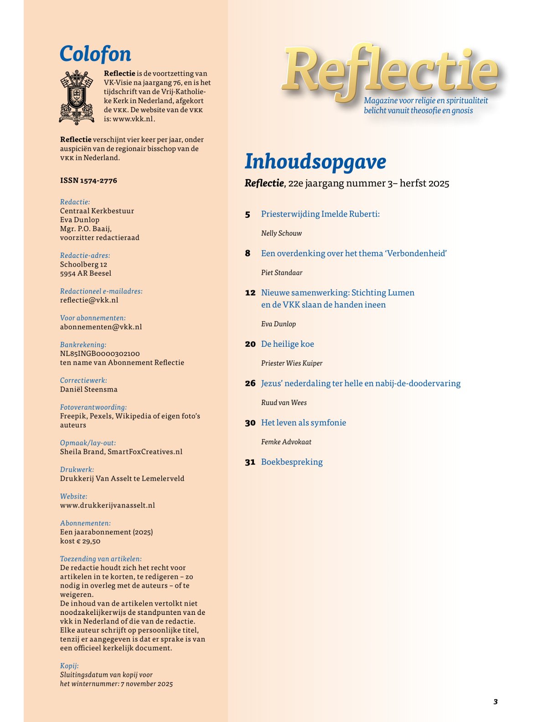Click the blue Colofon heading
tap(95, 54)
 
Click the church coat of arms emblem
tap(77, 97)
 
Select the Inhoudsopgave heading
tap(315, 161)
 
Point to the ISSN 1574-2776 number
tap(88, 180)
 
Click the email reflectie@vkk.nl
tap(89, 300)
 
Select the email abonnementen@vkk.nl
tap(101, 327)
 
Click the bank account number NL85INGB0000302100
tap(100, 354)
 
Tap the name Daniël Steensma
tap(89, 389)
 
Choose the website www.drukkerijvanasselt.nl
tap(108, 505)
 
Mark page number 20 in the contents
tap(250, 344)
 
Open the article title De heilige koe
tap(287, 344)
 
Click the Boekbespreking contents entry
tap(292, 462)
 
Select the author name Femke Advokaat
tap(286, 442)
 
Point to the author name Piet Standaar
tap(282, 273)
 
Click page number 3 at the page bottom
tap(496, 701)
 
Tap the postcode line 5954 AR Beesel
tap(86, 273)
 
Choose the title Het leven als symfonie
tap(304, 423)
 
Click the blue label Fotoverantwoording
tap(93, 407)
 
